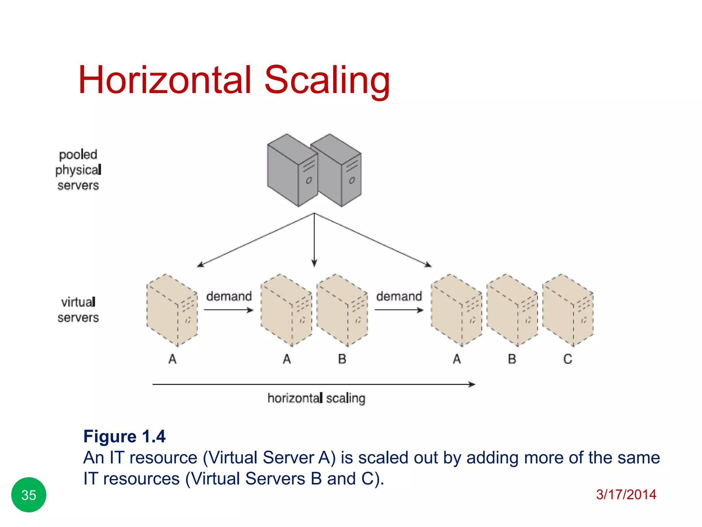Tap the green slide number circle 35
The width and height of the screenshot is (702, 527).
29,495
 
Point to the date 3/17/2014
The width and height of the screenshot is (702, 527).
626,494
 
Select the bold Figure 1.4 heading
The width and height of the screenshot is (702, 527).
124,436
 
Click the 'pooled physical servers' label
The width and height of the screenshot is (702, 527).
78,170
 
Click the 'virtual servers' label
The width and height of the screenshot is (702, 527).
78,309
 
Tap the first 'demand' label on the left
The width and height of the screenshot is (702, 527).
229,296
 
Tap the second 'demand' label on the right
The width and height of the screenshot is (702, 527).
399,296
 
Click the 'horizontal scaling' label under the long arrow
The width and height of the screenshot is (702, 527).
316,398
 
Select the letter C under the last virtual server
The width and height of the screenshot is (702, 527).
568,359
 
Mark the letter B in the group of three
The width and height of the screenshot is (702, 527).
512,359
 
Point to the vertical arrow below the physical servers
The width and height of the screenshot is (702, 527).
314,240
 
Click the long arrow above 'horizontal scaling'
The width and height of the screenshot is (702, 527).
314,385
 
